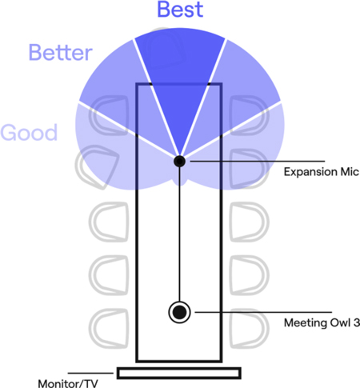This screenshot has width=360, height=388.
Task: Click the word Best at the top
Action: pyautogui.click(x=180, y=10)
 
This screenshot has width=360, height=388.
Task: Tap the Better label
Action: pyautogui.click(x=61, y=53)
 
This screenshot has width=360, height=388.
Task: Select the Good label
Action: pyautogui.click(x=29, y=132)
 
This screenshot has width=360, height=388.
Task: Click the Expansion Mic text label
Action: pyautogui.click(x=322, y=172)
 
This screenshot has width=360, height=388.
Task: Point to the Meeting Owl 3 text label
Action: pyautogui.click(x=322, y=322)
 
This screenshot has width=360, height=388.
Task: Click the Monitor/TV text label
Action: pyautogui.click(x=68, y=383)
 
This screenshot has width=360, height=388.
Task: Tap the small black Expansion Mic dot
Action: pyautogui.click(x=179, y=161)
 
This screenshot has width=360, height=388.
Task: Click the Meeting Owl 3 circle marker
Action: pyautogui.click(x=179, y=312)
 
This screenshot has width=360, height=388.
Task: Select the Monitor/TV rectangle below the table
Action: pyautogui.click(x=179, y=373)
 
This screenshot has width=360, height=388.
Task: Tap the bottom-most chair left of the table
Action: pyautogui.click(x=109, y=328)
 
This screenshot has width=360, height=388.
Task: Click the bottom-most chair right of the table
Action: pyautogui.click(x=249, y=328)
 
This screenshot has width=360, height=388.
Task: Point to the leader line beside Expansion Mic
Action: pyautogui.click(x=258, y=162)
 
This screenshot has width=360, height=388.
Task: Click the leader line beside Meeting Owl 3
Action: pyautogui.click(x=263, y=312)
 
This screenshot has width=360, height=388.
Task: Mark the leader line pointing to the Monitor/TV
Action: pyautogui.click(x=90, y=373)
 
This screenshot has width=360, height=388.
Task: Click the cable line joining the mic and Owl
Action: pyautogui.click(x=179, y=234)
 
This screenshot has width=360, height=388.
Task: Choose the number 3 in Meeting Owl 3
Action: pyautogui.click(x=356, y=322)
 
